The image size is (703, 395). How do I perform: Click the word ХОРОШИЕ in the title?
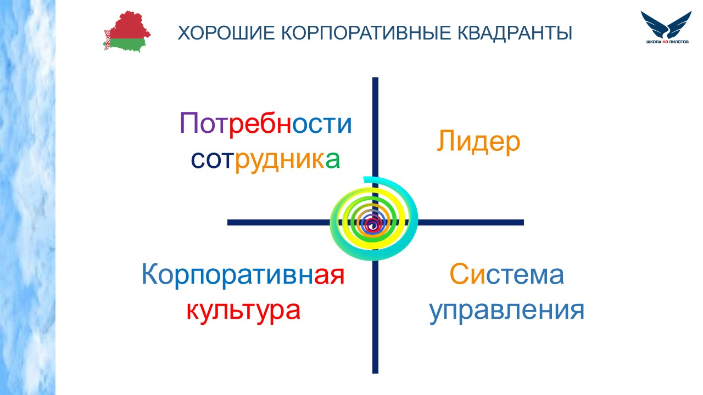point(226,32)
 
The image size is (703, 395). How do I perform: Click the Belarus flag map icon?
point(127,31)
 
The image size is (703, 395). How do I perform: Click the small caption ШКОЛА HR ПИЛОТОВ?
point(667,42)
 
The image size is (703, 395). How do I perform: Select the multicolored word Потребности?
point(265,123)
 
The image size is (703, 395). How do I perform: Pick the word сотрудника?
point(265,160)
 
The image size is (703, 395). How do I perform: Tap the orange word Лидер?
point(478,142)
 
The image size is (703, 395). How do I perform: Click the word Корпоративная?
point(243,275)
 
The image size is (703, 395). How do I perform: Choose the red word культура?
point(243,311)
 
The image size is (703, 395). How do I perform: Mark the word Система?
point(507,274)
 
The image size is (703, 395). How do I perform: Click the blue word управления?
point(507,311)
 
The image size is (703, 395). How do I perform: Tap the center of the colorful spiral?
point(372,223)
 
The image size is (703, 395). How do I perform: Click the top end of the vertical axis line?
point(375,78)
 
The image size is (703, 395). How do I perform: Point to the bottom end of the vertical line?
point(375,373)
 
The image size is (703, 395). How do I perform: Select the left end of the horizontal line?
point(228,223)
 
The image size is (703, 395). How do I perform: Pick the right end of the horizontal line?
point(523,223)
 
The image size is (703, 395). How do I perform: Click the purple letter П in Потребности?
point(189,123)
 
